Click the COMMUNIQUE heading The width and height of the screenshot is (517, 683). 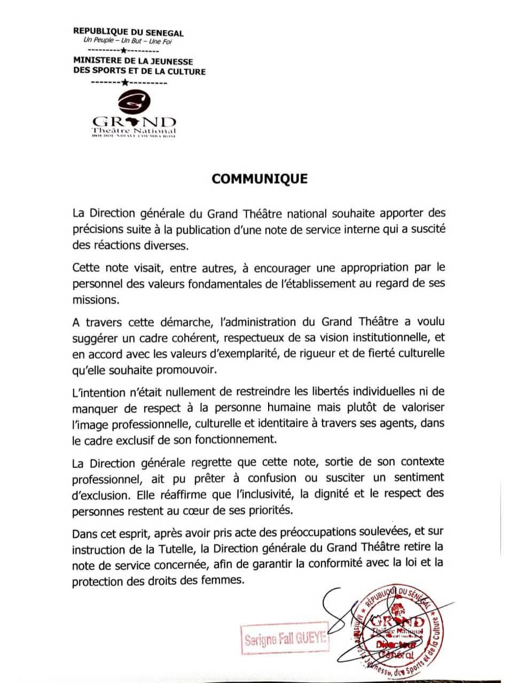pyautogui.click(x=260, y=179)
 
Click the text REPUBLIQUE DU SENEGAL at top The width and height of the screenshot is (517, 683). pyautogui.click(x=128, y=33)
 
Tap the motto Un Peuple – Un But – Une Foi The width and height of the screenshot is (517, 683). pyautogui.click(x=128, y=41)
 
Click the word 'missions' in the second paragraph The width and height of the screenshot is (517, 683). pyautogui.click(x=95, y=300)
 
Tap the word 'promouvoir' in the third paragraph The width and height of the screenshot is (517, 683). pyautogui.click(x=187, y=369)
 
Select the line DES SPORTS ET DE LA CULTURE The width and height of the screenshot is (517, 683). pyautogui.click(x=139, y=71)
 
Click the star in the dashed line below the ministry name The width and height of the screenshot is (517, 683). pyautogui.click(x=125, y=82)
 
